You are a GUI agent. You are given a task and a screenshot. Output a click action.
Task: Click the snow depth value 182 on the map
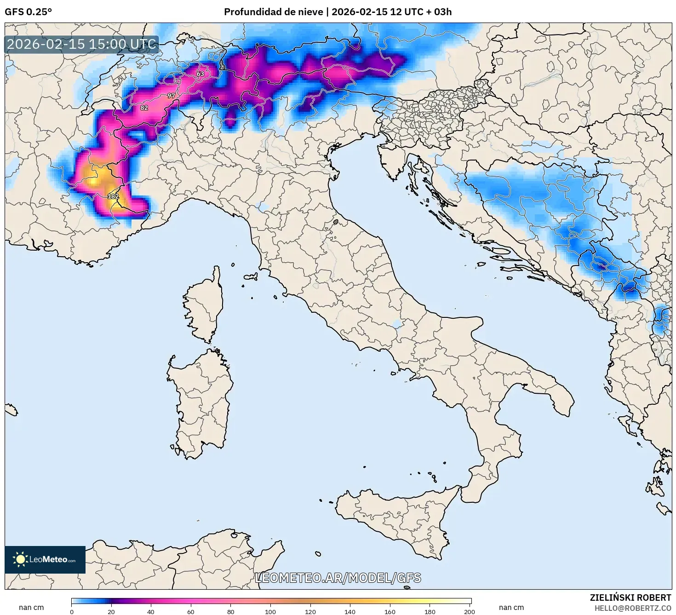(x=113, y=196)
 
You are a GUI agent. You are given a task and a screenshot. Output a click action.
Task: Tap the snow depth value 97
(x=171, y=96)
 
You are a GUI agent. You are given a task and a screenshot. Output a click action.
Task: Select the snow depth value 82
(x=144, y=108)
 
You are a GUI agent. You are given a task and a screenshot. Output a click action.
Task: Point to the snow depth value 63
(x=200, y=74)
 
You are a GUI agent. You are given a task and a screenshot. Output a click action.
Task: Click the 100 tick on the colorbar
(x=270, y=611)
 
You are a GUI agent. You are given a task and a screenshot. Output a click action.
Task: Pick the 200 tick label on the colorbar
(x=469, y=611)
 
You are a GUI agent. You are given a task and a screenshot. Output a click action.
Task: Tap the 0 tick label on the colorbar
(x=72, y=611)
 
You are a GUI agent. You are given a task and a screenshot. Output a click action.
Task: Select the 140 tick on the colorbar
(x=350, y=611)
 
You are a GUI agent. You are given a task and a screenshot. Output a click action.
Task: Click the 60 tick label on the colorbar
(x=191, y=611)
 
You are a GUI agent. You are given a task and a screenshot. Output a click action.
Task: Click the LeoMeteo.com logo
(x=45, y=559)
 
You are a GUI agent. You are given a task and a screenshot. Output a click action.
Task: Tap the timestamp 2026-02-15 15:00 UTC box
(x=81, y=45)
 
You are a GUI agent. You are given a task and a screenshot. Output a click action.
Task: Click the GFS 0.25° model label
(x=28, y=12)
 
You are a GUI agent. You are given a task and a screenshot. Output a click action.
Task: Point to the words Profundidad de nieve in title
(x=273, y=12)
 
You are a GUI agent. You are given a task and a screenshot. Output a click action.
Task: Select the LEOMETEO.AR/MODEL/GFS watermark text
(x=338, y=578)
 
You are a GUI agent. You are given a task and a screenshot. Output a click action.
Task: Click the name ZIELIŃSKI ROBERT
(x=630, y=598)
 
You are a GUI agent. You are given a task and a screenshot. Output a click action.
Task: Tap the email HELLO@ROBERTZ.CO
(x=633, y=608)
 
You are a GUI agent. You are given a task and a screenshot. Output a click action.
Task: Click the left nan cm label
(x=31, y=608)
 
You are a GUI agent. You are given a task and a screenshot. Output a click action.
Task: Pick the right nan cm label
(x=511, y=608)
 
